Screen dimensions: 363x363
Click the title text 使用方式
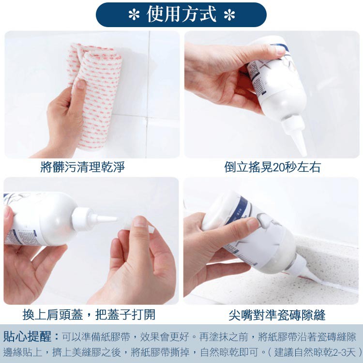tap(181, 15)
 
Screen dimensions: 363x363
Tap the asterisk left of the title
tap(134, 15)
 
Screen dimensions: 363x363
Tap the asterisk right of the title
tap(229, 15)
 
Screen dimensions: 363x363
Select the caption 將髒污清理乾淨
tap(83, 167)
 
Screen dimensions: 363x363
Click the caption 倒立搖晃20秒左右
tap(272, 167)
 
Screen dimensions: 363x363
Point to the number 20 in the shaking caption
tap(279, 167)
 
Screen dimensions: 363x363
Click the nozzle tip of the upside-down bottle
tap(304, 153)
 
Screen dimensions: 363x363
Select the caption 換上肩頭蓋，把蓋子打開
tap(89, 315)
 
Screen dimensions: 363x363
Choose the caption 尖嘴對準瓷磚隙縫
tap(277, 315)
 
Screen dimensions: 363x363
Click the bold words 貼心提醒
tap(28, 337)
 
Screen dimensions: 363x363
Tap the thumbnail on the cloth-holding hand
tap(81, 85)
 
